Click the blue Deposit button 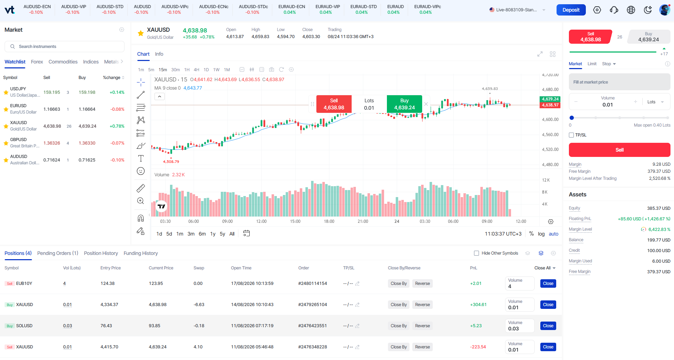tap(571, 10)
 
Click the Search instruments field tap(64, 47)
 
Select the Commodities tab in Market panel tap(63, 62)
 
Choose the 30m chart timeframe tap(175, 70)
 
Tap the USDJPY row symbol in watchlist tap(18, 89)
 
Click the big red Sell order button tap(619, 150)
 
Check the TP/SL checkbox tap(571, 135)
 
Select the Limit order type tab tap(592, 64)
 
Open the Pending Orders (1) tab tap(57, 253)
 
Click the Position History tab tap(101, 253)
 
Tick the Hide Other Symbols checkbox tap(476, 253)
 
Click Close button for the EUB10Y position tap(548, 283)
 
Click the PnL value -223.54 tap(478, 347)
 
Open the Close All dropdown tap(545, 268)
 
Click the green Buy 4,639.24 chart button tap(405, 104)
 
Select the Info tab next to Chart tap(159, 54)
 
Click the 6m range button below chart tap(202, 234)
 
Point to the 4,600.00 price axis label tap(550, 120)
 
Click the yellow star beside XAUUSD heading tap(141, 33)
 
